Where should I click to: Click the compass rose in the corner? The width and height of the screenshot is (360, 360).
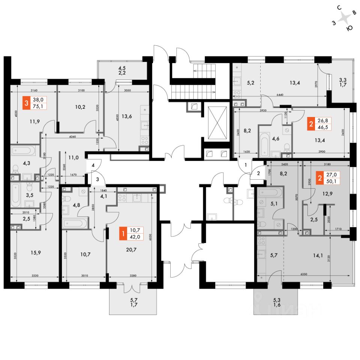343,19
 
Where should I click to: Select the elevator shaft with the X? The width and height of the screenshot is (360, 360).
217,123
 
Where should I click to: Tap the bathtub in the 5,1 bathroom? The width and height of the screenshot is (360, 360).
269,193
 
